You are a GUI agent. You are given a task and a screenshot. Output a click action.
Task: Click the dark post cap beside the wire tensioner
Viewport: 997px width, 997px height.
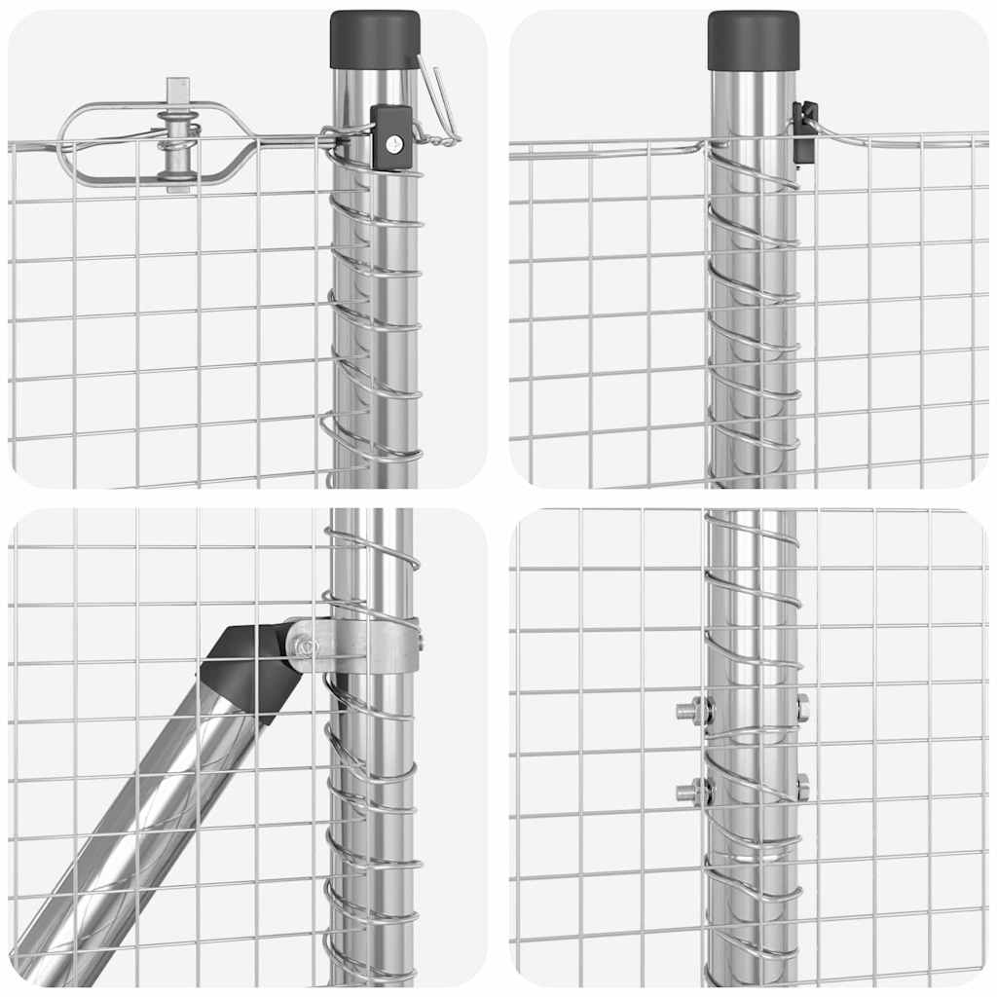click(375, 39)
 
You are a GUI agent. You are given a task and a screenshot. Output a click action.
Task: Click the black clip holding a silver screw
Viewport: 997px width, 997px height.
click(391, 137)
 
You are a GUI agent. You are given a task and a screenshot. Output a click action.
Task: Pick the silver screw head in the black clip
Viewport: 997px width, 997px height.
click(392, 144)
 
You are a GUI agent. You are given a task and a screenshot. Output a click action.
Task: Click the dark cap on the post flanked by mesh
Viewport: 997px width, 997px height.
click(753, 40)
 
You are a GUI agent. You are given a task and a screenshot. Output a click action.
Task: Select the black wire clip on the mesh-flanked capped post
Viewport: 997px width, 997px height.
click(804, 131)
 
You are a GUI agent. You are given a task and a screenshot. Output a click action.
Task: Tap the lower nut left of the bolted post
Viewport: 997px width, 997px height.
click(693, 792)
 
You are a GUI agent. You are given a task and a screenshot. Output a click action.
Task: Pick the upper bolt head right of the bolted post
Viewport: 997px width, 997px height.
click(802, 708)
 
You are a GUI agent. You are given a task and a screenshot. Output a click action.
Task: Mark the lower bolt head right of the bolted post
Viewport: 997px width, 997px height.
click(802, 787)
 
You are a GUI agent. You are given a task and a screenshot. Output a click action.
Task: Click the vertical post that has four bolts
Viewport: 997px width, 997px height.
click(751, 876)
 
